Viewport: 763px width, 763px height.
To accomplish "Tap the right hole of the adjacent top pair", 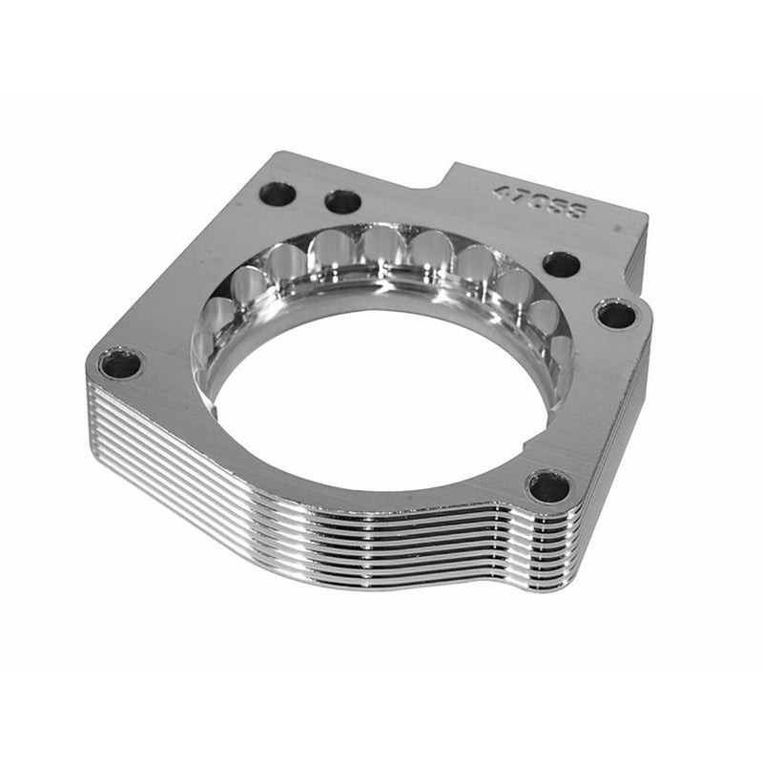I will click(x=342, y=201).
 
